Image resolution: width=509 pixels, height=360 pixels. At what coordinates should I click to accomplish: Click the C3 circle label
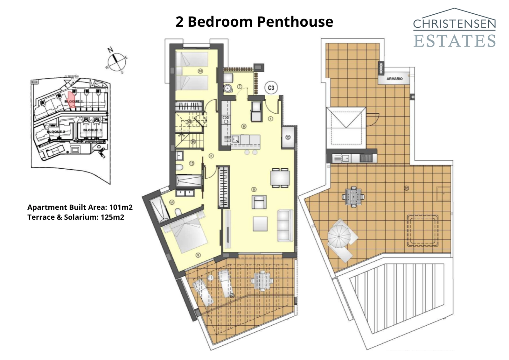(x=271, y=88)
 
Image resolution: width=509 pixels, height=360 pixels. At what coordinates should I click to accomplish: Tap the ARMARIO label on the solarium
(x=394, y=79)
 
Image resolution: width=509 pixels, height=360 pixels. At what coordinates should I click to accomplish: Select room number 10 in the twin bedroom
(x=200, y=71)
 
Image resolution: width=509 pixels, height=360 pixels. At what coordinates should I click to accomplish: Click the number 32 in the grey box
(x=288, y=138)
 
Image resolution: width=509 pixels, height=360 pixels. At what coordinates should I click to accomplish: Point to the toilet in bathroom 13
(x=179, y=168)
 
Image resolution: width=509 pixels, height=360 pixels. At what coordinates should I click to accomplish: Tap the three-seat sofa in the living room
(x=285, y=226)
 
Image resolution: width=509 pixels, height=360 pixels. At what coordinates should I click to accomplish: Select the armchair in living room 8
(x=259, y=202)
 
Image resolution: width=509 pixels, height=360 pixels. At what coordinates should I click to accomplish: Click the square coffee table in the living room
(x=260, y=224)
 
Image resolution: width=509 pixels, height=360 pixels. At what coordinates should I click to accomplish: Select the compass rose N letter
(x=110, y=50)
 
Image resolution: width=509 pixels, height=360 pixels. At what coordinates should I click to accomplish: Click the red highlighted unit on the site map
(x=72, y=99)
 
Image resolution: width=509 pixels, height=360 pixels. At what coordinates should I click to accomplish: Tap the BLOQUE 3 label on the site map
(x=92, y=130)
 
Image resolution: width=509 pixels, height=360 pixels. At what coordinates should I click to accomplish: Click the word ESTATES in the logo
(x=454, y=41)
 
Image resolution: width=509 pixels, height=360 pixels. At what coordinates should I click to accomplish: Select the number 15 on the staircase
(x=193, y=142)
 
